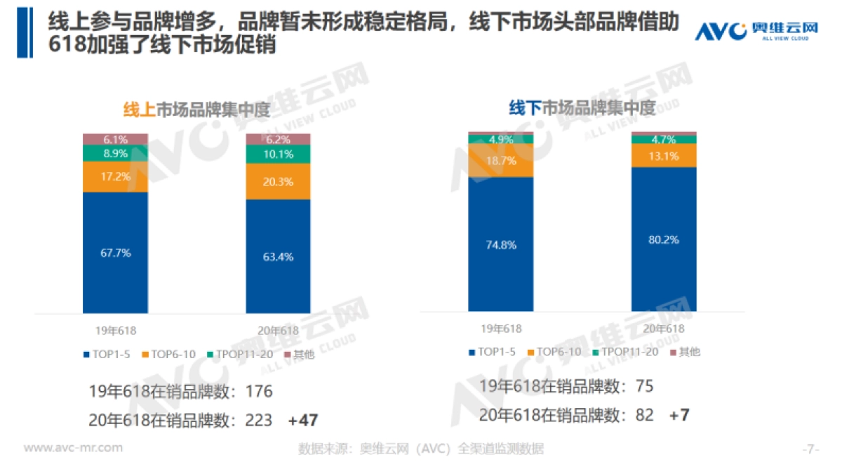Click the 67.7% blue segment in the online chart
[115, 253]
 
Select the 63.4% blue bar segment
[278, 256]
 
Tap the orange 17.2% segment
[115, 177]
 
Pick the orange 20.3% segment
[278, 182]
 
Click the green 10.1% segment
[278, 154]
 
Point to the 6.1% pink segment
[115, 139]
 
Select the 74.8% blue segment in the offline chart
[500, 244]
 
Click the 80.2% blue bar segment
[663, 239]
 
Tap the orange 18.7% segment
[500, 161]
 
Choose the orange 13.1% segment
[663, 156]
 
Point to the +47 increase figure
[302, 421]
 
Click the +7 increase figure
[679, 415]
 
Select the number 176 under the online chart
[258, 392]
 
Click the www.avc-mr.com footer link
[73, 448]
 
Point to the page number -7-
[810, 448]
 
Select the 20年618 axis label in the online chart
[278, 330]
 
